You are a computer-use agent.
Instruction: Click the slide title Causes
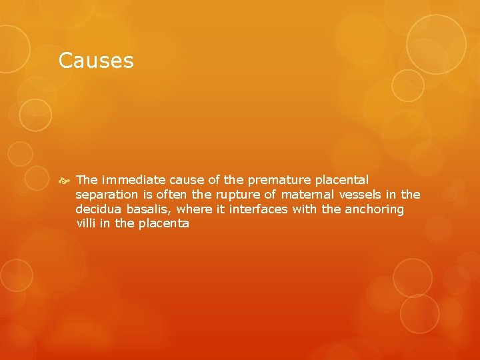(96, 61)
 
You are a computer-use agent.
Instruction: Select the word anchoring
(375, 209)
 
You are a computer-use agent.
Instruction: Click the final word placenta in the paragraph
(164, 224)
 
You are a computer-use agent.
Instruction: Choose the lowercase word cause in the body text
(186, 180)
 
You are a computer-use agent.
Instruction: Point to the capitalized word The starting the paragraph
(87, 180)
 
